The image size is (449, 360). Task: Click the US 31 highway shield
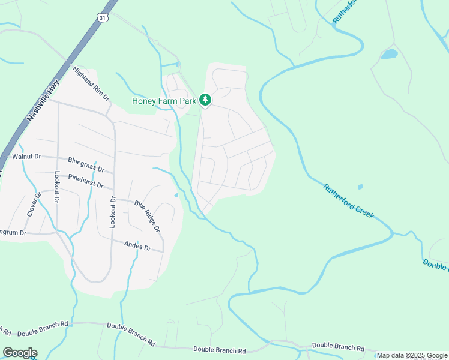pyautogui.click(x=103, y=18)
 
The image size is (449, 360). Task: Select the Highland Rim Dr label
pyautogui.click(x=91, y=83)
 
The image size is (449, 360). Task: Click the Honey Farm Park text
pyautogui.click(x=164, y=101)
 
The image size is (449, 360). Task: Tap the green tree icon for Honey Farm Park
pyautogui.click(x=205, y=100)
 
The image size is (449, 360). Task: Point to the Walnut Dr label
pyautogui.click(x=26, y=157)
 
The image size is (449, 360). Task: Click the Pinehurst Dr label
pyautogui.click(x=85, y=181)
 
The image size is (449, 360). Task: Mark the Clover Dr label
pyautogui.click(x=32, y=204)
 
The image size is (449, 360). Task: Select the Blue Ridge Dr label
pyautogui.click(x=147, y=216)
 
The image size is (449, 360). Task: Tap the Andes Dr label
pyautogui.click(x=137, y=246)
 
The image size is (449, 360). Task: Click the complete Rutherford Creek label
pyautogui.click(x=349, y=201)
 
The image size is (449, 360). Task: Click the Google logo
pyautogui.click(x=20, y=353)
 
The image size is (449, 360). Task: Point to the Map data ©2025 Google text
pyautogui.click(x=412, y=355)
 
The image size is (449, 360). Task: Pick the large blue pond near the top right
pyautogui.click(x=389, y=55)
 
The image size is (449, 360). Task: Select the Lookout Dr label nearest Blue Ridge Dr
pyautogui.click(x=112, y=212)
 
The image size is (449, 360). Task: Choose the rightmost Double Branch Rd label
pyautogui.click(x=338, y=346)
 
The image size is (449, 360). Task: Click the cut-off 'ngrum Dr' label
pyautogui.click(x=14, y=232)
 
